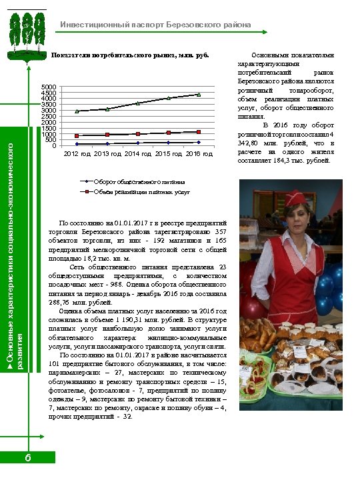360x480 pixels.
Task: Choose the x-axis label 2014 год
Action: pyautogui.click(x=137, y=154)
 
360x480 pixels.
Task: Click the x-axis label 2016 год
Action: pyautogui.click(x=199, y=154)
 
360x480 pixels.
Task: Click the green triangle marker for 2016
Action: pyautogui.click(x=199, y=95)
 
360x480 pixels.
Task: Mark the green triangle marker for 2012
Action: pyautogui.click(x=77, y=111)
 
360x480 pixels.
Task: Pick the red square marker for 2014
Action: pyautogui.click(x=138, y=134)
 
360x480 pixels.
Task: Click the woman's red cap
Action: pyautogui.click(x=295, y=197)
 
